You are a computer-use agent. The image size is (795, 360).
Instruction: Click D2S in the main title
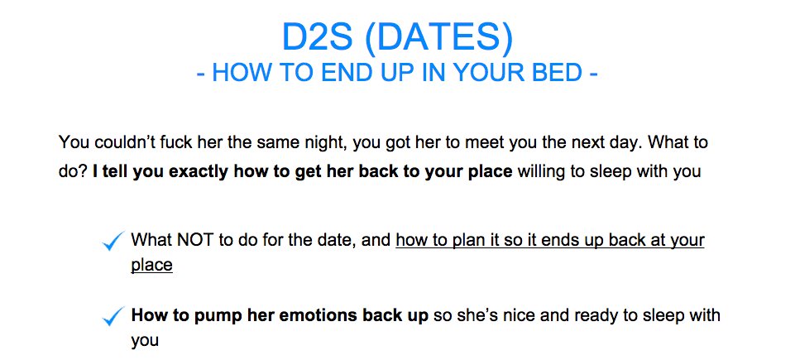click(317, 37)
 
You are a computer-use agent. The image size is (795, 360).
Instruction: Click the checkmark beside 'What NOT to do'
click(113, 240)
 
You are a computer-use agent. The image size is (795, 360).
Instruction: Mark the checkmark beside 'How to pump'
click(113, 316)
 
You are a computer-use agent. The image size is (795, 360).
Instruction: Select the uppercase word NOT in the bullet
click(196, 239)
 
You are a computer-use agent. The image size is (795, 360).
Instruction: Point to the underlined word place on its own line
click(151, 266)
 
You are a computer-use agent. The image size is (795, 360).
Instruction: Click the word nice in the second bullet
click(509, 315)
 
